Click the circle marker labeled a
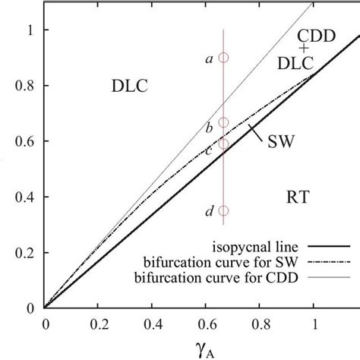click(223, 57)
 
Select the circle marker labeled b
click(223, 122)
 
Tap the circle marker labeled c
click(223, 144)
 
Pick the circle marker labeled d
click(223, 211)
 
